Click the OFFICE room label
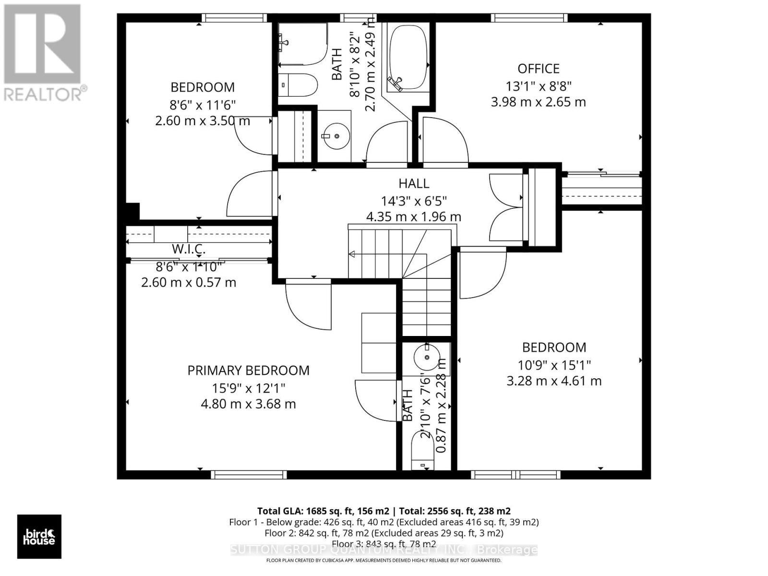click(538, 69)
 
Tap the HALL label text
click(414, 183)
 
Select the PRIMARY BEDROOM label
click(248, 370)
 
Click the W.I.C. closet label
click(189, 249)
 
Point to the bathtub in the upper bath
click(408, 58)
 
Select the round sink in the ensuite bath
click(426, 356)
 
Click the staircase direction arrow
click(352, 254)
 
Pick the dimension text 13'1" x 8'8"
click(538, 86)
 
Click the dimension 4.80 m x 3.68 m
click(248, 404)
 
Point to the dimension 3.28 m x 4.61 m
click(554, 381)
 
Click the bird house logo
click(39, 537)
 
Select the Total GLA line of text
click(384, 511)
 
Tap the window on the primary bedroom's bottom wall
click(249, 475)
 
